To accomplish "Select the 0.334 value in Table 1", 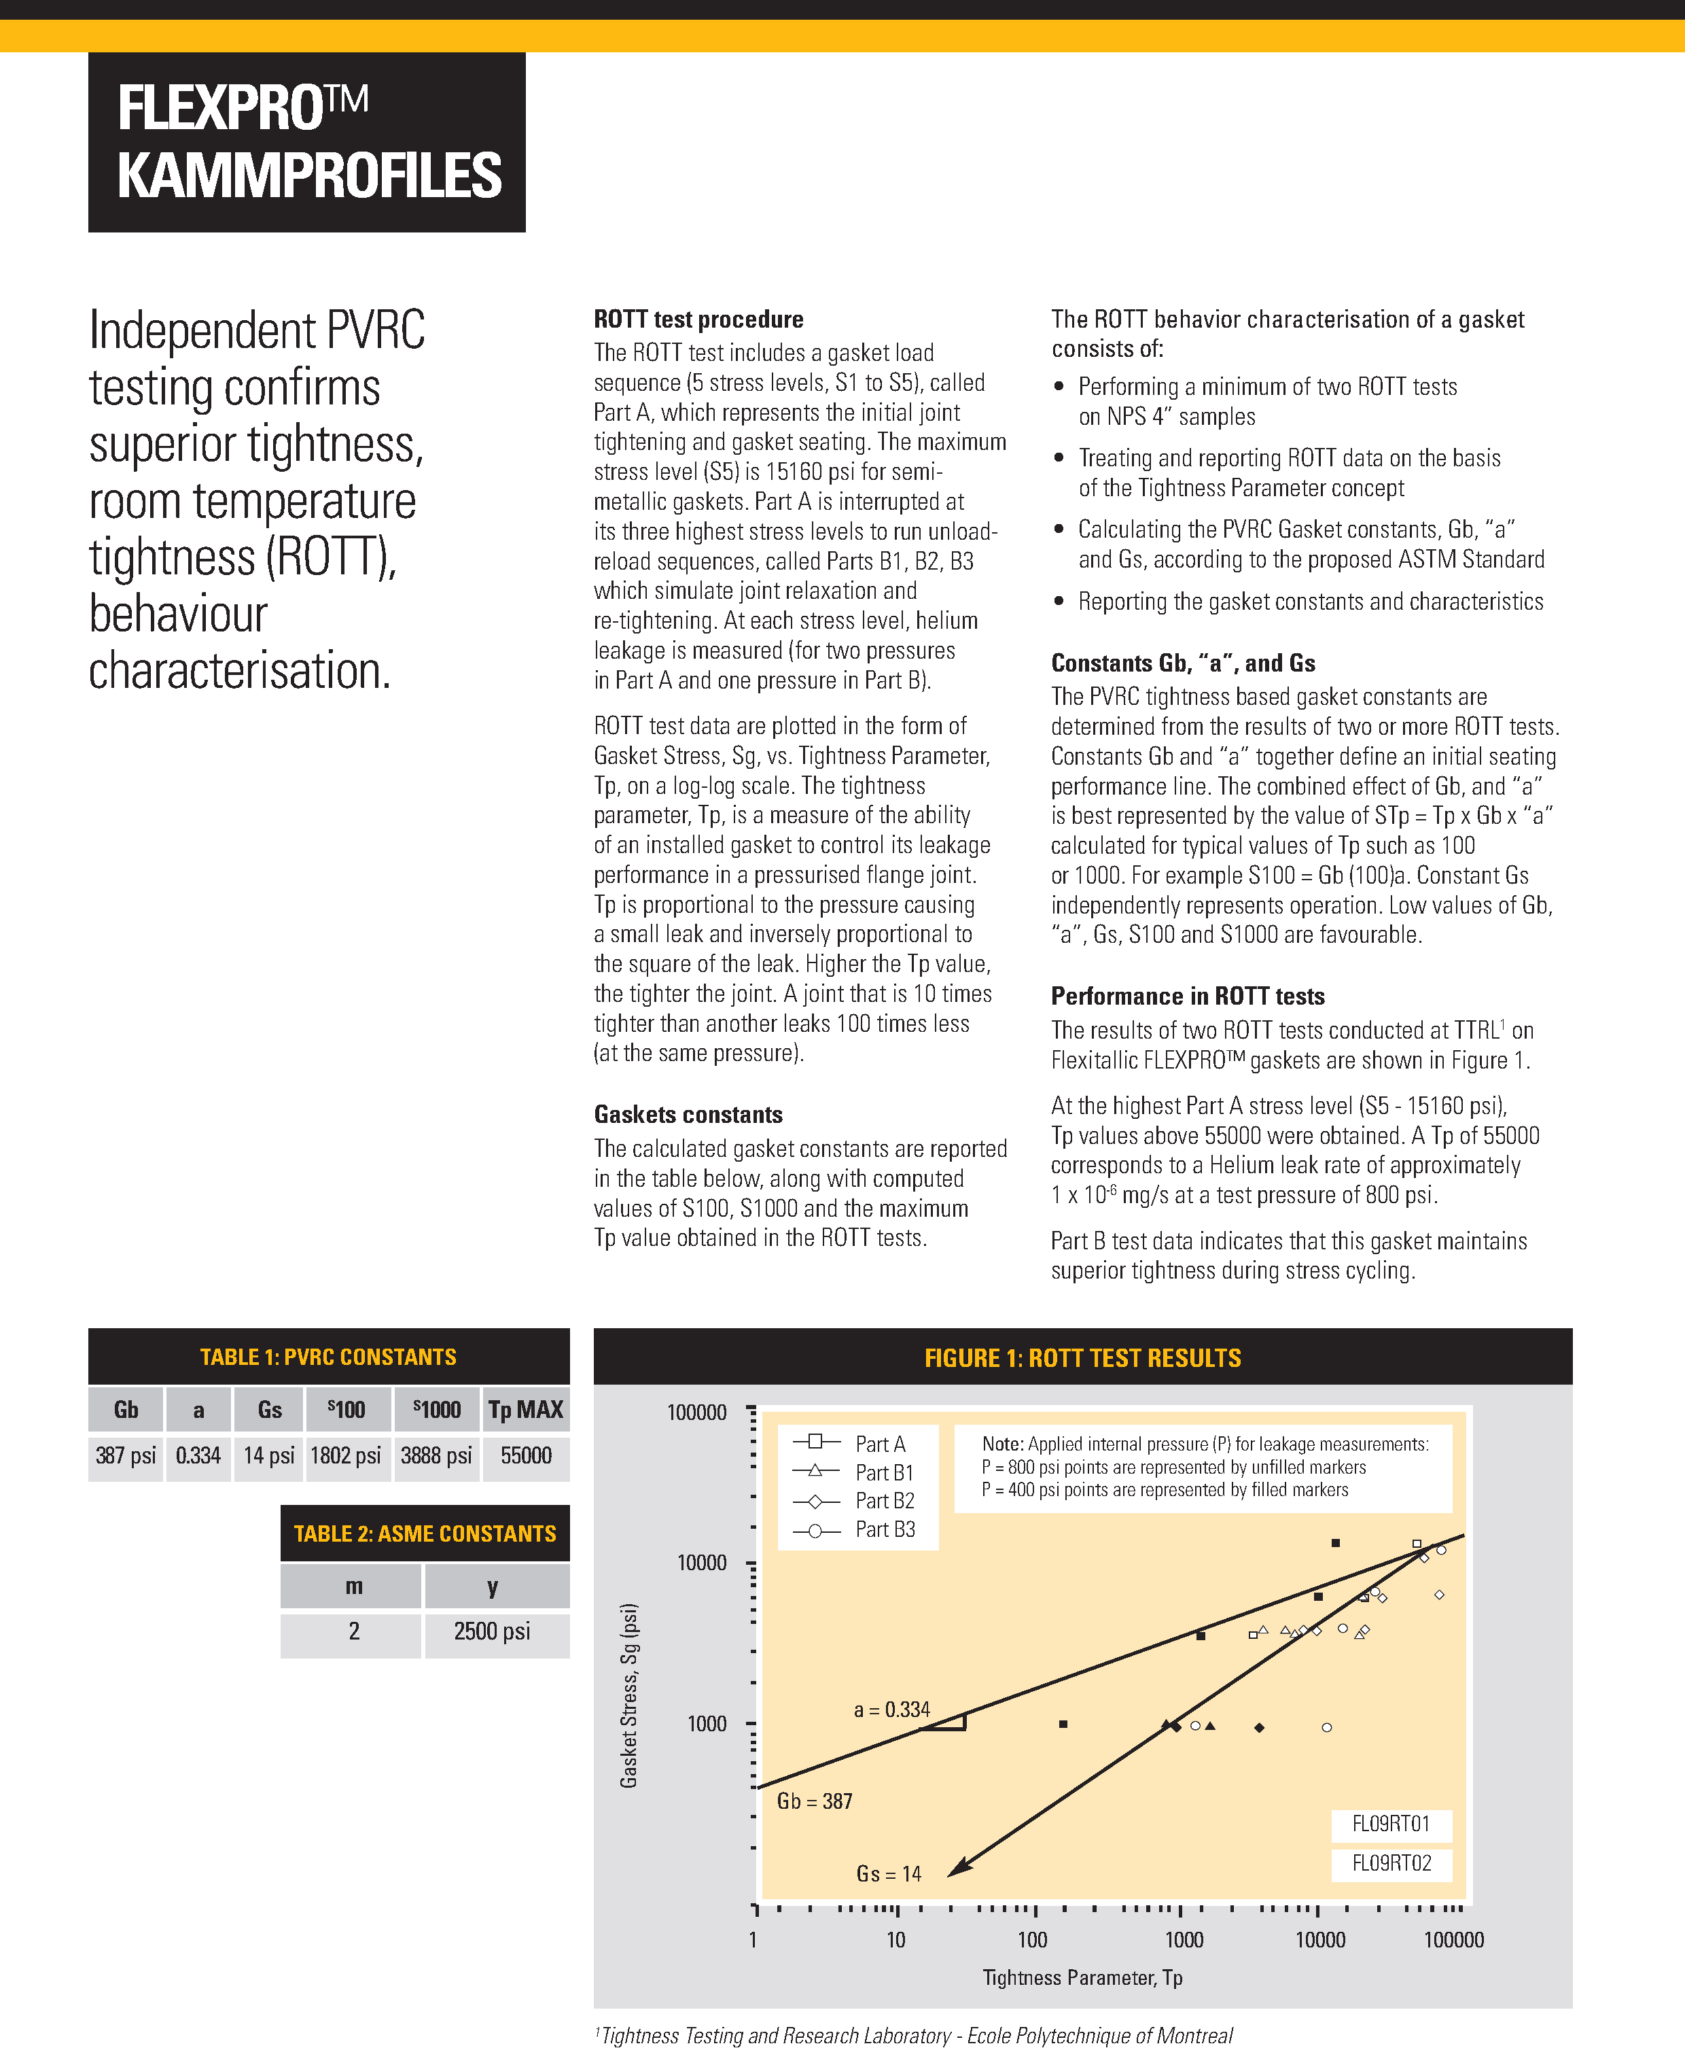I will tap(198, 1455).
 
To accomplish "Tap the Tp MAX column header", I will tap(525, 1410).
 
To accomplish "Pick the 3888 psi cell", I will tap(436, 1455).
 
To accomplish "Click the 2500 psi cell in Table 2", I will tap(492, 1631).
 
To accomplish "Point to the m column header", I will tap(353, 1587).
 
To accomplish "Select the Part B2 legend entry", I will tap(883, 1501).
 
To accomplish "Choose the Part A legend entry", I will tap(879, 1444).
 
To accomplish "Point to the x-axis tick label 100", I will tap(1032, 1940).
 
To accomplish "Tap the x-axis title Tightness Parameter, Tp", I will tap(1082, 1977).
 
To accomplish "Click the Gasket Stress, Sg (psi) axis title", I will tap(629, 1694).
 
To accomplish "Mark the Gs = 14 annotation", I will tap(888, 1873).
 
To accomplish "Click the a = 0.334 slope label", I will tap(891, 1710).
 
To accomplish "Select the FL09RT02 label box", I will tap(1391, 1863).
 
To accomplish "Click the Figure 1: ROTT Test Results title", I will tap(1082, 1357).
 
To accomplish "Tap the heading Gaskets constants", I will tap(688, 1115).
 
